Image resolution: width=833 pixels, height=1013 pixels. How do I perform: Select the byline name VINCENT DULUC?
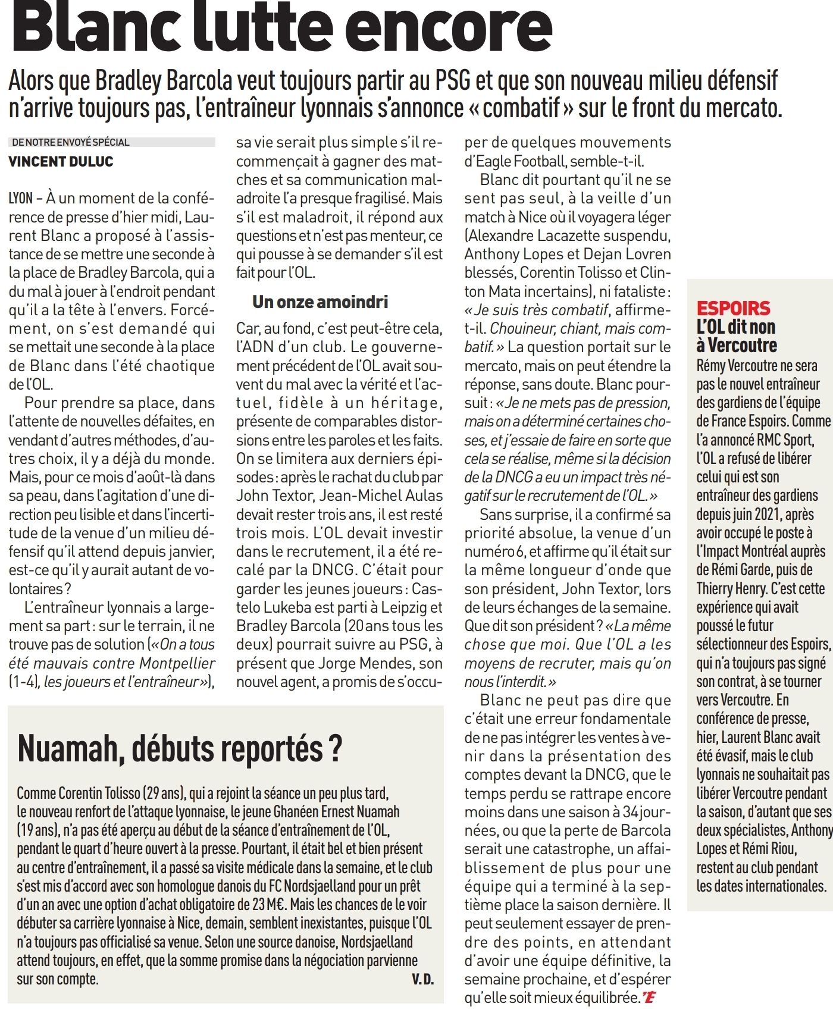coord(61,162)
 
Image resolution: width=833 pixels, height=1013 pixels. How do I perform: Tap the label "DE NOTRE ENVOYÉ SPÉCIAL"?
coord(70,142)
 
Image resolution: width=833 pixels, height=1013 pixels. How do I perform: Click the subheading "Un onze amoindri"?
coord(320,302)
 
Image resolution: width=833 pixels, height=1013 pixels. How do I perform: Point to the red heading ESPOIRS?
coord(733,308)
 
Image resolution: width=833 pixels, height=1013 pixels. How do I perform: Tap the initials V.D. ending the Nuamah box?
coord(422,979)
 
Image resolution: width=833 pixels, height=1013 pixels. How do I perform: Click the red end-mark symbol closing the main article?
coord(650,998)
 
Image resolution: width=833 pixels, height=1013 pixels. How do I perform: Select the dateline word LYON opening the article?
coord(21,199)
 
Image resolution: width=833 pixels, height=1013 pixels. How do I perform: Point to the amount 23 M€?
coord(268,905)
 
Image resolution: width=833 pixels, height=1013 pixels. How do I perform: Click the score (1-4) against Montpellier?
coord(23,682)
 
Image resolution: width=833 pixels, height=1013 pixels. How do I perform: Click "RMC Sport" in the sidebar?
coord(785,440)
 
